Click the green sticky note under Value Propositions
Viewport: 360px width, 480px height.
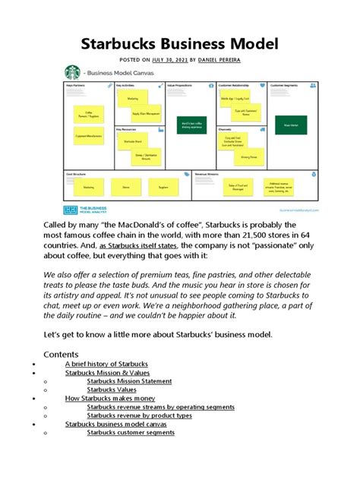click(x=190, y=125)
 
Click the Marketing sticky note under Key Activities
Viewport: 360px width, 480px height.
click(x=133, y=98)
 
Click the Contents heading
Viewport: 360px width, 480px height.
click(x=61, y=354)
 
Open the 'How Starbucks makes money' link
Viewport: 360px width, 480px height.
click(x=110, y=399)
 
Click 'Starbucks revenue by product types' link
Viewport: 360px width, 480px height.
click(x=139, y=415)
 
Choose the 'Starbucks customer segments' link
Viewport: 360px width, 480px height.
click(x=131, y=433)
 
